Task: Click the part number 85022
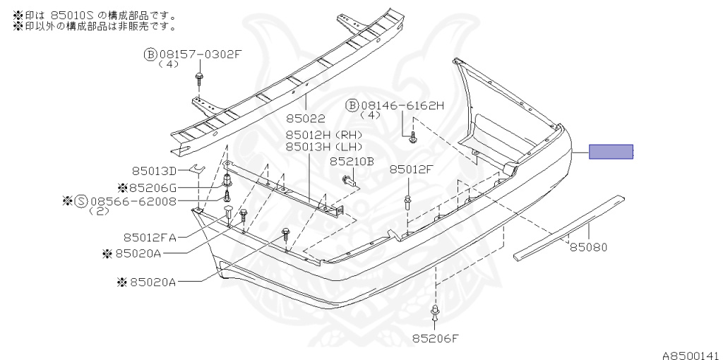[x=305, y=119]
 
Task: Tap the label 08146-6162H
[x=402, y=106]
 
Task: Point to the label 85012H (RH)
[x=323, y=135]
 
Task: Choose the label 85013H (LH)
[x=323, y=147]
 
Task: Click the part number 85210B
[x=352, y=162]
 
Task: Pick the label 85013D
[x=155, y=171]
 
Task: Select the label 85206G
[x=153, y=188]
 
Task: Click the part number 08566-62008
[x=133, y=201]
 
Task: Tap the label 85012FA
[x=150, y=238]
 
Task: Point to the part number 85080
[x=589, y=248]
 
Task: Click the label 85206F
[x=436, y=340]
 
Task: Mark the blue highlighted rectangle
[x=611, y=152]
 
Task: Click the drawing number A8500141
[x=692, y=355]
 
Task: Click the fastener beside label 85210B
[x=350, y=180]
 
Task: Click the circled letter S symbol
[x=81, y=201]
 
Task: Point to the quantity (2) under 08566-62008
[x=99, y=212]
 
